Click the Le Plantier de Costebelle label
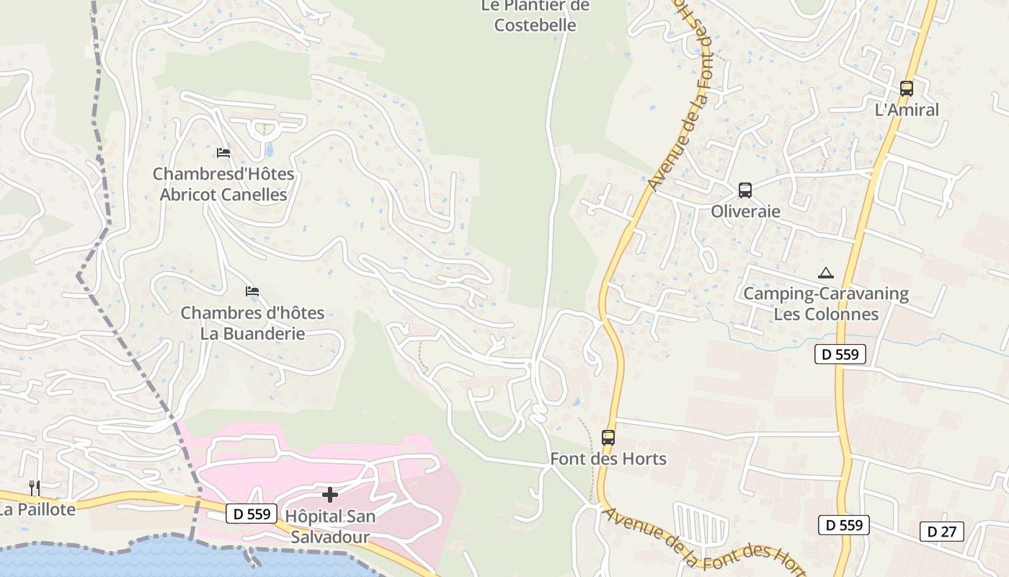(535, 16)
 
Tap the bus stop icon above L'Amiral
(906, 89)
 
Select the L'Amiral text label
(906, 110)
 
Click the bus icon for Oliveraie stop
(744, 190)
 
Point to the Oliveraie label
(745, 211)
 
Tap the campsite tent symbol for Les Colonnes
(826, 273)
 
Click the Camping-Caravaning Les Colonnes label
(826, 304)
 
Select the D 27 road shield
(941, 532)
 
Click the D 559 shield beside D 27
(843, 525)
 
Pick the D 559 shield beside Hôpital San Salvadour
(252, 514)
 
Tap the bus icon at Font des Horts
(608, 437)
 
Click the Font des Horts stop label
(608, 459)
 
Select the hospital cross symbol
(330, 495)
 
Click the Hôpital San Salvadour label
(330, 527)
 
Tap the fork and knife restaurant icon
(33, 488)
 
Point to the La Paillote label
(37, 509)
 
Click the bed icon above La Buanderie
(252, 291)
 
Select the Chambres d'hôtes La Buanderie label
(252, 323)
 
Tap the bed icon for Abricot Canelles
(223, 152)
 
